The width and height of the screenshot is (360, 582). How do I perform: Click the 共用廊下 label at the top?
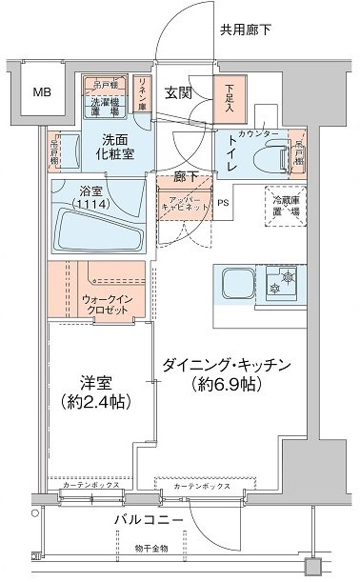[x=246, y=30]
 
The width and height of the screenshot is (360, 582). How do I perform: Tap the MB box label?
[x=41, y=92]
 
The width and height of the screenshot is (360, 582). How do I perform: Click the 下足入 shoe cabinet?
[x=229, y=97]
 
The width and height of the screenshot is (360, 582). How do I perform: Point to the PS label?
[x=222, y=203]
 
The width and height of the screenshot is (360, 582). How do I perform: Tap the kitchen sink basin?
[x=236, y=283]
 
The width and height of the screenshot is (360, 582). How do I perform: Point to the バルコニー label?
[x=145, y=521]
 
